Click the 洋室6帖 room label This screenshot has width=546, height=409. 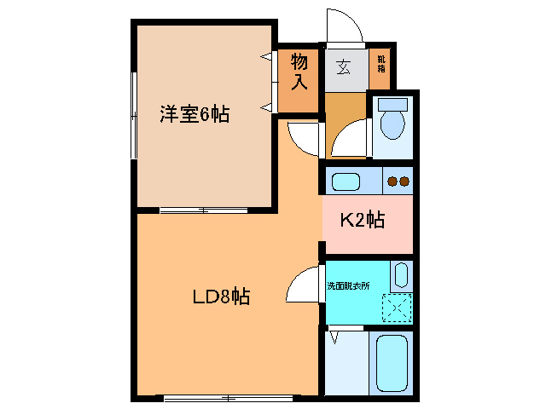point(195,114)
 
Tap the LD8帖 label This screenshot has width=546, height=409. point(220,297)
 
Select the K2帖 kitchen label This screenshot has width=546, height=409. point(363,221)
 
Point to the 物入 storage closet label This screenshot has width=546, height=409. point(299,72)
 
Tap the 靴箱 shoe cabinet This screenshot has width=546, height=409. point(380,65)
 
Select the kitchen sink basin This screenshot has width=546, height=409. point(346,181)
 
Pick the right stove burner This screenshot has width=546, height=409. point(404,181)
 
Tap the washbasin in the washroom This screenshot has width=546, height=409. point(402,277)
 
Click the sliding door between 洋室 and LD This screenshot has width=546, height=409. point(203,209)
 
